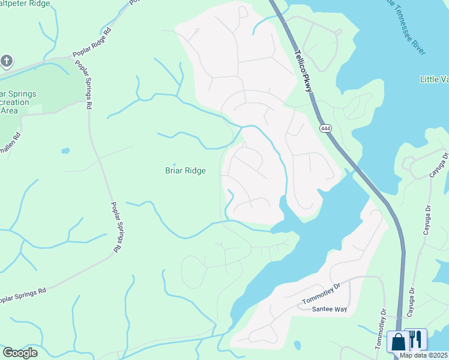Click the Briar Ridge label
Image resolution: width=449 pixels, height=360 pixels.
[185, 171]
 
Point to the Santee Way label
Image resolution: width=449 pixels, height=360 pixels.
[330, 309]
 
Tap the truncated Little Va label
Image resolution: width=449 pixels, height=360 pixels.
[433, 79]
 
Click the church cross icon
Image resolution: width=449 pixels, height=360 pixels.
[7, 61]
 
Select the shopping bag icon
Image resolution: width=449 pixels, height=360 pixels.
[397, 341]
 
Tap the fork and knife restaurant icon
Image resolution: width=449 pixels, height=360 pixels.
[415, 339]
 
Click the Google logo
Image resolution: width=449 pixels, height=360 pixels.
[20, 352]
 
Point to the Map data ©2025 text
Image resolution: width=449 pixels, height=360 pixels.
[424, 355]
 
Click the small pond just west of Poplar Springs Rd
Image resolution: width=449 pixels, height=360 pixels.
[65, 151]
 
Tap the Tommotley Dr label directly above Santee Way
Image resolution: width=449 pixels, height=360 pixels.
[321, 293]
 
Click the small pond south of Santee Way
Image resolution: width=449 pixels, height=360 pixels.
[297, 345]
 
